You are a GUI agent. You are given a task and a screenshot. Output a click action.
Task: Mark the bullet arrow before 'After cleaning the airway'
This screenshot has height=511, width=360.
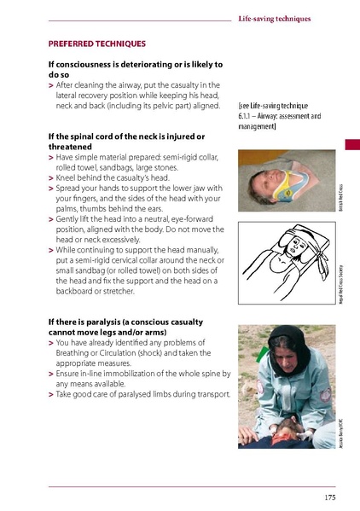[51, 86]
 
